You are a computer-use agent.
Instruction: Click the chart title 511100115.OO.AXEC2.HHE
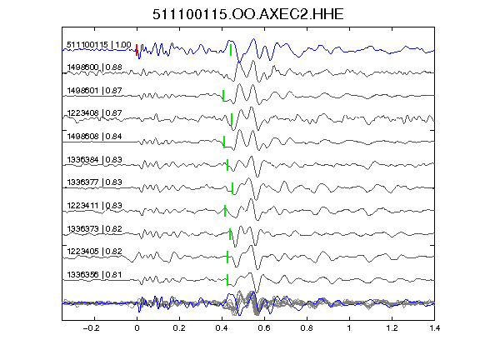point(248,14)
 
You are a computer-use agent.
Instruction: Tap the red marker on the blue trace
point(137,50)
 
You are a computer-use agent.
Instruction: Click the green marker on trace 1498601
point(223,96)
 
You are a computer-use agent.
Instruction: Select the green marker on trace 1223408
point(232,119)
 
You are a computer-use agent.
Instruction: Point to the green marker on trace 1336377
point(232,188)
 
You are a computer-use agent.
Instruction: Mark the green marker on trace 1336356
point(227,280)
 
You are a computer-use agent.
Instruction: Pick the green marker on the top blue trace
point(231,50)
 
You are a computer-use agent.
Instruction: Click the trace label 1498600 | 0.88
point(95,67)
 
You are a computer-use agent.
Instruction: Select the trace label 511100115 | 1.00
point(99,45)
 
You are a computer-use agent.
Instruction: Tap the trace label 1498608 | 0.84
point(95,136)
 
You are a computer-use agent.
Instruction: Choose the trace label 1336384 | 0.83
point(95,159)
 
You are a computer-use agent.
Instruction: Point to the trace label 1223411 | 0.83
point(95,205)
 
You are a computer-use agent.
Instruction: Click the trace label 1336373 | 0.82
point(95,228)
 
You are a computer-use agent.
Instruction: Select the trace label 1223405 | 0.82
point(95,252)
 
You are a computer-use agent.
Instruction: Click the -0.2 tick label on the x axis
point(91,328)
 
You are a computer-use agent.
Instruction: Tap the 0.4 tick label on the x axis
point(222,328)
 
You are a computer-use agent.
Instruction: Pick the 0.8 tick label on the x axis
point(307,328)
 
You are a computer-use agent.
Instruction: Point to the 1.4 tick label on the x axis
point(434,328)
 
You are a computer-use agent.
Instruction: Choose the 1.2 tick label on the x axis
point(392,328)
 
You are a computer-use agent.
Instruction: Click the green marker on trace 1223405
point(227,257)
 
